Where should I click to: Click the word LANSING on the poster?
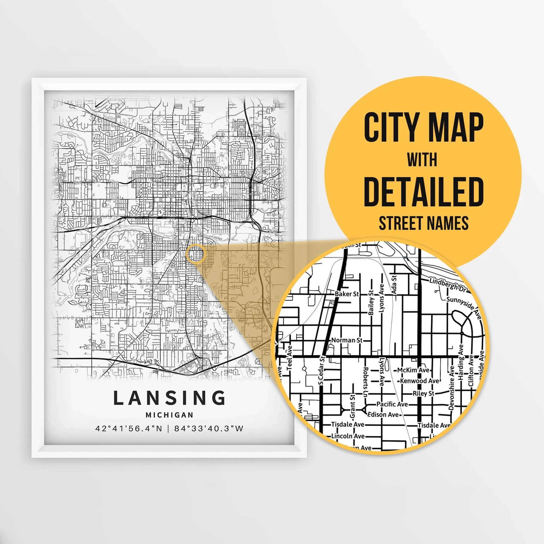[x=169, y=398]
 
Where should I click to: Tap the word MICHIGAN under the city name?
[x=169, y=415]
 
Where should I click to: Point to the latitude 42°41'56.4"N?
[x=129, y=429]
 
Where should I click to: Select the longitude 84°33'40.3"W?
[x=208, y=429]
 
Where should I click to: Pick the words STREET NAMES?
[x=424, y=223]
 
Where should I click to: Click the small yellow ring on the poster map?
[x=196, y=254]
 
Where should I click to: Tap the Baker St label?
[x=347, y=294]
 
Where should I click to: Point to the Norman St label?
[x=347, y=340]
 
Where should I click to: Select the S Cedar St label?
[x=322, y=370]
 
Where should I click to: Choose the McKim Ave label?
[x=413, y=370]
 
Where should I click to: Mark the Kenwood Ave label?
[x=419, y=381]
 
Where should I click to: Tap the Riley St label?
[x=423, y=393]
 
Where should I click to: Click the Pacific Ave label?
[x=392, y=404]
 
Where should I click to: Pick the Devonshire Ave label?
[x=451, y=387]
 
